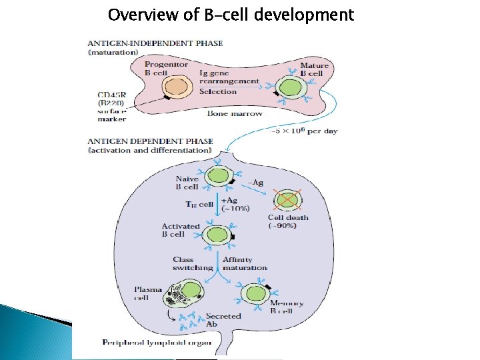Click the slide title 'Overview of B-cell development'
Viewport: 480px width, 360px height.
pos(231,15)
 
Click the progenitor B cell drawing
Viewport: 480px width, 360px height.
pos(176,87)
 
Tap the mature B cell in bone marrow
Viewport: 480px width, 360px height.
pos(291,88)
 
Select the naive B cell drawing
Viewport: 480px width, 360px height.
pos(218,177)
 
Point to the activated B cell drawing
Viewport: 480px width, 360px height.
pos(217,234)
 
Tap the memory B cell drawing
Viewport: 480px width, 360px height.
pos(254,293)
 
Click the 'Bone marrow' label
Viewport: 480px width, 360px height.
pos(235,114)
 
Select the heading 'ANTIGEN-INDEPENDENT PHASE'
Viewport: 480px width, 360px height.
pos(155,43)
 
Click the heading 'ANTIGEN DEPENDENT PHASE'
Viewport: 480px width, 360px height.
pos(151,141)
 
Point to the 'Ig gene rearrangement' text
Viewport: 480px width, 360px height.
pos(228,77)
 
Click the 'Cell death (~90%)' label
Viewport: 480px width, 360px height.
pos(288,221)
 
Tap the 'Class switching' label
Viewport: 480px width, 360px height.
pos(193,263)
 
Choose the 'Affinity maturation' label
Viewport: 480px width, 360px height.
pos(244,263)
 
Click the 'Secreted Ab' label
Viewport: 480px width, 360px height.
pos(223,320)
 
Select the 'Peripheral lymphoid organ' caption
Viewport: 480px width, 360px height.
pos(157,343)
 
